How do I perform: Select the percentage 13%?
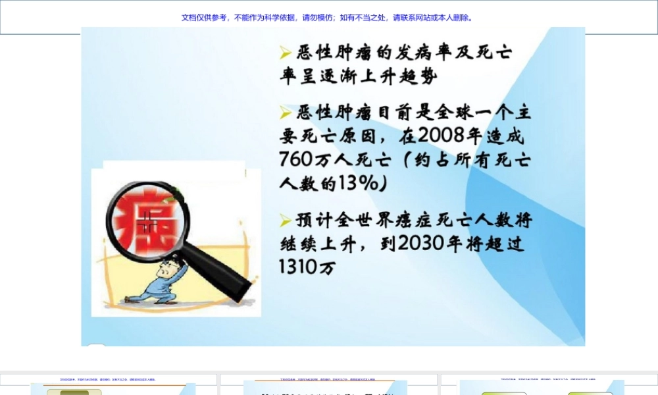(361, 184)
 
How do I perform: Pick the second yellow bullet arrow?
(286, 113)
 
